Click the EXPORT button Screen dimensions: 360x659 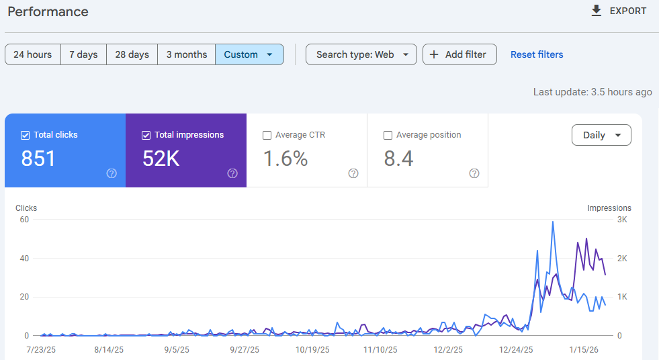618,11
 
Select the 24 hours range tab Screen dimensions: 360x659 33,54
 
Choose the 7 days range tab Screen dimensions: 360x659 83,54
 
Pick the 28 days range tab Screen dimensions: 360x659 132,54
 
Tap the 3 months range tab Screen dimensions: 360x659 187,54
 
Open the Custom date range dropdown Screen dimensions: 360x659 249,54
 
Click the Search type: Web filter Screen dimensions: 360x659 361,54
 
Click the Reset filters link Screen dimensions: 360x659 537,54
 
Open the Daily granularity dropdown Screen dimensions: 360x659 601,135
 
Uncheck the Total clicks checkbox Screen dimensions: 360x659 26,135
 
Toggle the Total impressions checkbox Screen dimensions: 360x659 146,135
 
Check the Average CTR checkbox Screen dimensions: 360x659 267,135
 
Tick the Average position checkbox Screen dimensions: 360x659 388,135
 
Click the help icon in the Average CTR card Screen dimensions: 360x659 353,173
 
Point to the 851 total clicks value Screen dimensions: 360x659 39,159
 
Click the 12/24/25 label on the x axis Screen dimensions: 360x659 516,350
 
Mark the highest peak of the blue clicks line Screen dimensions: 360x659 553,222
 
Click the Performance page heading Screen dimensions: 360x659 48,12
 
